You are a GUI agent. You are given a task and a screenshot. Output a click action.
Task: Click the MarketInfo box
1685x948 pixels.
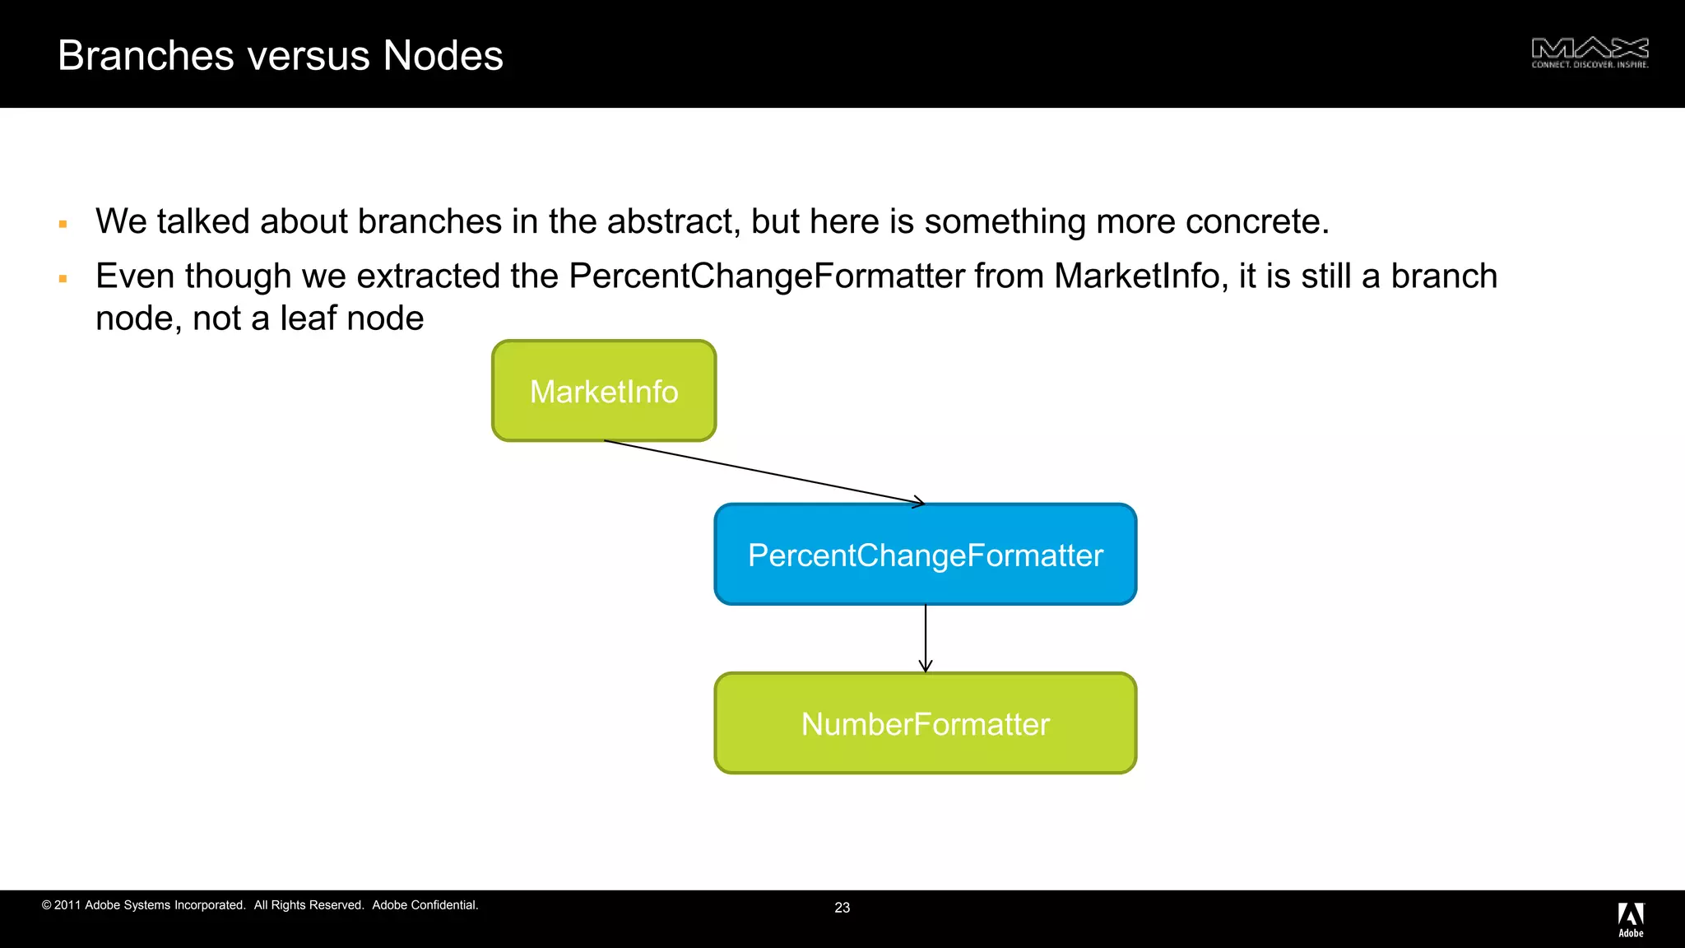pos(604,391)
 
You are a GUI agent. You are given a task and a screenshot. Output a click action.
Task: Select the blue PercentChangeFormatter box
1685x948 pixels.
pos(925,555)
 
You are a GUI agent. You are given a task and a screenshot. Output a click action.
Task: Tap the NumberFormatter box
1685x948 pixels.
pos(925,723)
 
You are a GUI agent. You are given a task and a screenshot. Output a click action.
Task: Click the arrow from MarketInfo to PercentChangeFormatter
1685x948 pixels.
pos(765,472)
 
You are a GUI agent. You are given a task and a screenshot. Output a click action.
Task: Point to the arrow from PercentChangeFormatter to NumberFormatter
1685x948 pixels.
pos(926,638)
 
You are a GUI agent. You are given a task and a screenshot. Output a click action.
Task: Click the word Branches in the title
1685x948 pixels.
pos(146,56)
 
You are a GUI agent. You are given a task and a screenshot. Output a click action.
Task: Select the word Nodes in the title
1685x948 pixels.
pos(443,56)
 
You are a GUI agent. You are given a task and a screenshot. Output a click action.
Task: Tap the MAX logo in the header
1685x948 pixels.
pos(1590,53)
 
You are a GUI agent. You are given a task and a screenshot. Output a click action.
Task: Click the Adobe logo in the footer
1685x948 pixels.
pos(1631,919)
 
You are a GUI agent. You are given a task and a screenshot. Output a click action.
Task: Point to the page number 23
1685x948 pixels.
pos(842,908)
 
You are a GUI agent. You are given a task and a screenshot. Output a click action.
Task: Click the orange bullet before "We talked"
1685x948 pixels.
pos(63,224)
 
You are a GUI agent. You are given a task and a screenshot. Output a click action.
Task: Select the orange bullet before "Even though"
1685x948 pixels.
pos(63,279)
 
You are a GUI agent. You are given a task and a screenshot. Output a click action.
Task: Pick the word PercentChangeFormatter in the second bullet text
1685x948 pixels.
pos(766,276)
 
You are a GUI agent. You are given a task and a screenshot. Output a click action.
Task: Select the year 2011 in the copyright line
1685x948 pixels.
pos(67,905)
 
